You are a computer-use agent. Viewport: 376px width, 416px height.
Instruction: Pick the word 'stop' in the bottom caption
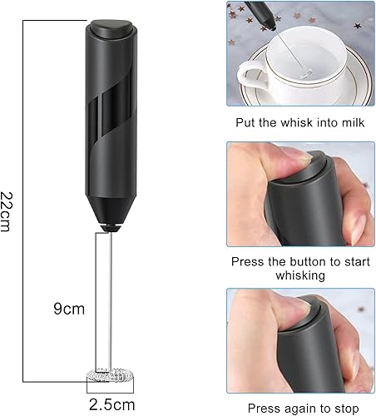(345, 409)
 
